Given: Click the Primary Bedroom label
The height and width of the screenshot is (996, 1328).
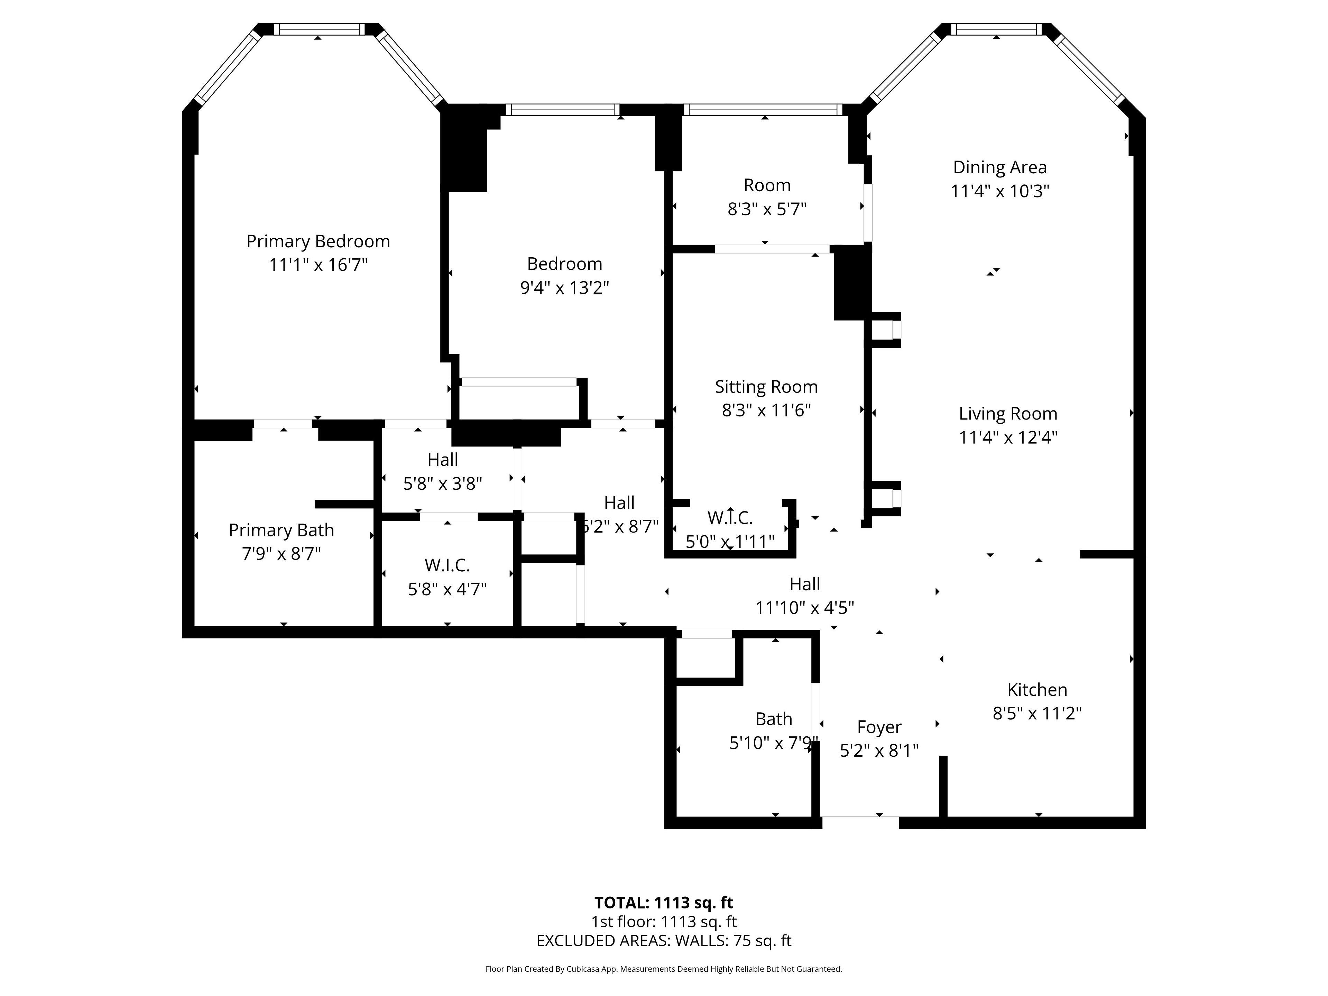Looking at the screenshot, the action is click(318, 241).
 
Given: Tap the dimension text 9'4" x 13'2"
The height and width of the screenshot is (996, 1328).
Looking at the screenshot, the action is click(564, 288).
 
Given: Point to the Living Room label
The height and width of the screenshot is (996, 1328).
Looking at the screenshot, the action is click(1008, 414).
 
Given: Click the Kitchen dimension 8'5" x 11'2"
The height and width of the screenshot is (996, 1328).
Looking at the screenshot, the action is click(1037, 713).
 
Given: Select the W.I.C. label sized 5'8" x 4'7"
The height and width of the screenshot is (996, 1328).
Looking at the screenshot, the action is click(447, 565).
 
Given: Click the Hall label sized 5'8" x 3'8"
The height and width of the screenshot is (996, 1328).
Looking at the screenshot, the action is click(443, 460).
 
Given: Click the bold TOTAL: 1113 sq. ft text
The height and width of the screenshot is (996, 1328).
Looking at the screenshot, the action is click(664, 902).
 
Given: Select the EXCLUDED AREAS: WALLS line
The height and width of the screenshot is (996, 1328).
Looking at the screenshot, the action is click(664, 941).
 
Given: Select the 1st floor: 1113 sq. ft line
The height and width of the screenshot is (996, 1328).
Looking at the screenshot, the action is click(664, 922).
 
